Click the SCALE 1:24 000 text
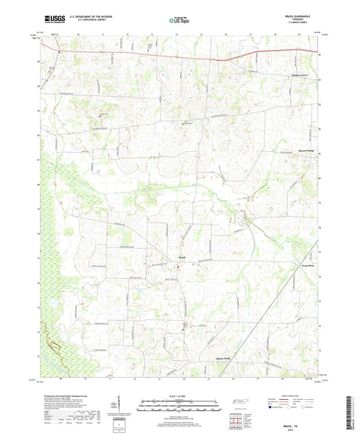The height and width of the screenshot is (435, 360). [179, 395]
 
